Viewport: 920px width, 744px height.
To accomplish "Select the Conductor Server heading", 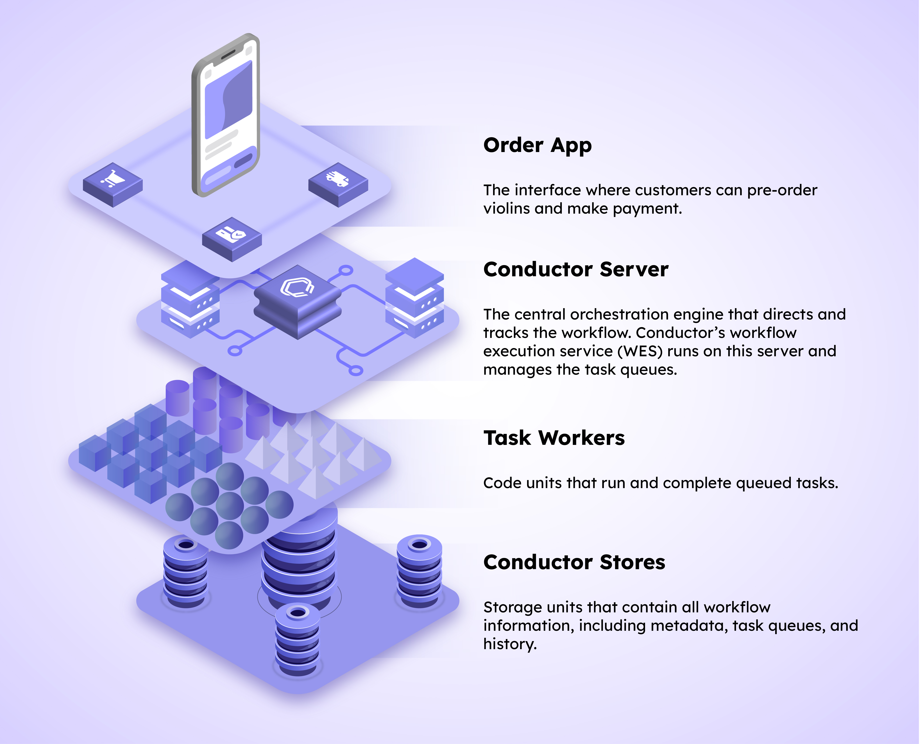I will tap(575, 270).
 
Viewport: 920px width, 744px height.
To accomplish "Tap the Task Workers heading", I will tap(554, 438).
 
